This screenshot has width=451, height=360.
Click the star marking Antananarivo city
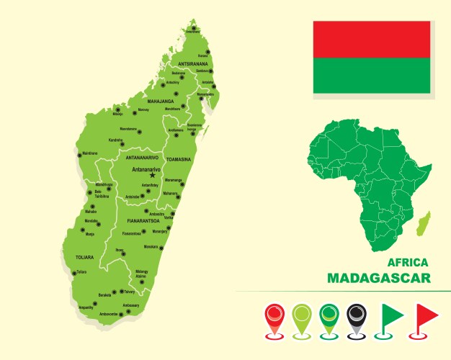tap(152, 175)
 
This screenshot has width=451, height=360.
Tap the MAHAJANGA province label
tap(161, 102)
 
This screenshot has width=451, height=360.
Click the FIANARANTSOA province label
tap(143, 220)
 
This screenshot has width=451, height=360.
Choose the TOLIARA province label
tap(84, 256)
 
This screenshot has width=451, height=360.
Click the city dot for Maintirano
tap(79, 153)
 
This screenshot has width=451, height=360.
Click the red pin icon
tap(274, 320)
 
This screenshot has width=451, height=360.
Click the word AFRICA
tap(407, 263)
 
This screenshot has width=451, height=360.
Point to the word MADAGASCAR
tap(378, 278)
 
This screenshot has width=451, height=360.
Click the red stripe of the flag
tap(371, 39)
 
